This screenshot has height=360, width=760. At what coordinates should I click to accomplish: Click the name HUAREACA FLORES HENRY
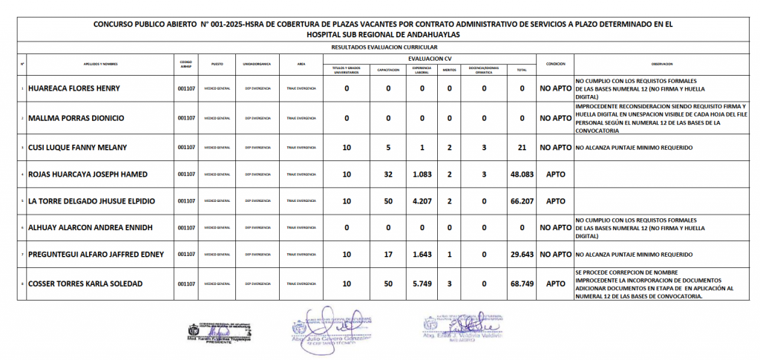(73, 89)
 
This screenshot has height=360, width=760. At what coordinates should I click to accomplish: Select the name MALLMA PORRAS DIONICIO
(76, 118)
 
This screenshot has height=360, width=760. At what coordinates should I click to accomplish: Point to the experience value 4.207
(422, 201)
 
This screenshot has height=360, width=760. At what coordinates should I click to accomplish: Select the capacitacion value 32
(388, 174)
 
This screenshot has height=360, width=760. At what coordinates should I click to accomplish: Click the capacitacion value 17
(388, 255)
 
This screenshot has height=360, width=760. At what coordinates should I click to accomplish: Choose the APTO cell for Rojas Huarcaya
(556, 174)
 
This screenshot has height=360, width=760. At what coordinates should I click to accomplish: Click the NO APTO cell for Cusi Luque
(556, 148)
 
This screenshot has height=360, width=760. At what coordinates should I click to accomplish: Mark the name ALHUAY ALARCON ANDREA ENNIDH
(89, 228)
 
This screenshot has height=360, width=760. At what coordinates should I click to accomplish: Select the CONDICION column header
(556, 64)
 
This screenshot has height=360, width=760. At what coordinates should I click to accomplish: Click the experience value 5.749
(422, 284)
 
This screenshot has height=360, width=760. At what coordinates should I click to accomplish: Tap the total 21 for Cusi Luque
(522, 148)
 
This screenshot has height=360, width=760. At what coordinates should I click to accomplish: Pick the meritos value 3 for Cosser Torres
(449, 284)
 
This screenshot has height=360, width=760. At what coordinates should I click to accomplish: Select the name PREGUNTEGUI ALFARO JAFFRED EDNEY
(96, 255)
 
